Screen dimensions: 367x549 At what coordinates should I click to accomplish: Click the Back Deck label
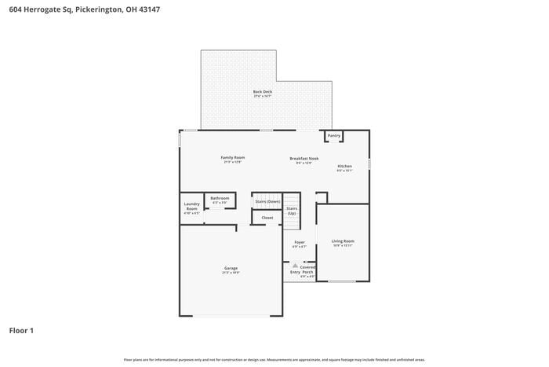pyautogui.click(x=263, y=92)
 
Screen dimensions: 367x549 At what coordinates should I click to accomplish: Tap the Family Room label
pyautogui.click(x=233, y=158)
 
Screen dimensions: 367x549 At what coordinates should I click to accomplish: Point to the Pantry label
pyautogui.click(x=334, y=135)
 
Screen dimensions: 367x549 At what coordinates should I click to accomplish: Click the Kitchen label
pyautogui.click(x=345, y=166)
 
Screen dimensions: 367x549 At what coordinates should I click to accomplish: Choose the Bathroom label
pyautogui.click(x=220, y=198)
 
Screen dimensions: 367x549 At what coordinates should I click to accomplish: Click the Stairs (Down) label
pyautogui.click(x=267, y=201)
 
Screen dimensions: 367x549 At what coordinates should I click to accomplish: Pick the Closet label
pyautogui.click(x=267, y=218)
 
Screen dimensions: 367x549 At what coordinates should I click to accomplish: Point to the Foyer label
pyautogui.click(x=300, y=242)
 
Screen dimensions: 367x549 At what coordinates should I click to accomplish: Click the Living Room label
pyautogui.click(x=343, y=241)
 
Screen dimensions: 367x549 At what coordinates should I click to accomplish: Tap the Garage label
pyautogui.click(x=231, y=268)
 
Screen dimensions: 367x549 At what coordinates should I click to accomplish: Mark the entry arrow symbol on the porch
pyautogui.click(x=295, y=266)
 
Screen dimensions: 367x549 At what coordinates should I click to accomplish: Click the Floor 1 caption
pyautogui.click(x=21, y=330)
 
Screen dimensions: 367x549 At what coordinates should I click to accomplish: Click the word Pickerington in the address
pyautogui.click(x=99, y=10)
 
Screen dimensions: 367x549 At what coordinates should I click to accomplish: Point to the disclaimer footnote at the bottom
pyautogui.click(x=274, y=359)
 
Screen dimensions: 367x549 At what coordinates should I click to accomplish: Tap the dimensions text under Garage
pyautogui.click(x=231, y=273)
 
